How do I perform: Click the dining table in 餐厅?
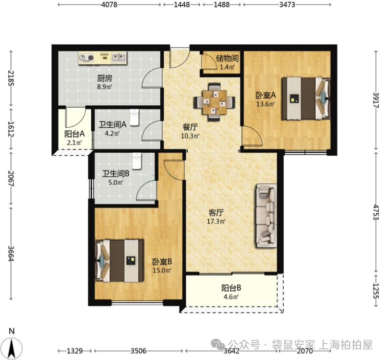click(215, 102)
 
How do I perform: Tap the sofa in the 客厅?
click(266, 215)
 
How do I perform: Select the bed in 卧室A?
click(306, 99)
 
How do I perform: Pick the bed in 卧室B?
click(120, 261)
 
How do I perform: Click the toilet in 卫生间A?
click(134, 118)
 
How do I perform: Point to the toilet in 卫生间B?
click(137, 161)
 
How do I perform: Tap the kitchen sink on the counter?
click(119, 58)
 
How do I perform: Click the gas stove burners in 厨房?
click(86, 58)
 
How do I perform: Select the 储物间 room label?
click(227, 58)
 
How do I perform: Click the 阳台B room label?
click(231, 288)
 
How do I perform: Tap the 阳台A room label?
click(74, 134)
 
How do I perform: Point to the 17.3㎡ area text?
click(216, 221)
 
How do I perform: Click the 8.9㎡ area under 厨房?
click(105, 87)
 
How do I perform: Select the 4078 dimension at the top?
click(109, 4)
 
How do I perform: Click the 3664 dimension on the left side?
click(11, 253)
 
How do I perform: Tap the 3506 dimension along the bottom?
click(138, 351)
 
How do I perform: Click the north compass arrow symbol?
click(12, 348)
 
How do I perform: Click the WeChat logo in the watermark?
click(217, 344)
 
